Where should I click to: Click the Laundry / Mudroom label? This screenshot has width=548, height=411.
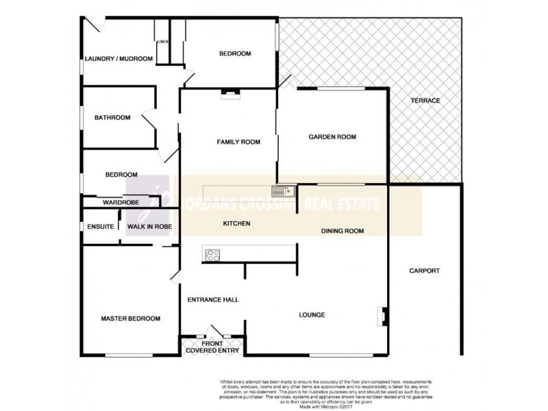pos(118,59)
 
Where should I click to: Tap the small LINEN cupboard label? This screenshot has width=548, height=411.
pos(162,42)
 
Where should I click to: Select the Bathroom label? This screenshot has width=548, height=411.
pos(112,117)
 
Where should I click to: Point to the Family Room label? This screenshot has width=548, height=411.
pos(238,142)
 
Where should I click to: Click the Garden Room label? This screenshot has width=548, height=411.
pos(332,137)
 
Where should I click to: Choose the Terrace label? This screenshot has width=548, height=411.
pos(425,101)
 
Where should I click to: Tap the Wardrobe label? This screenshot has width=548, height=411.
pos(121,203)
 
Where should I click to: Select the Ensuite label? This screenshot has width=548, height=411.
pos(100,227)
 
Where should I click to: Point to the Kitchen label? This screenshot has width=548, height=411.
pos(237,224)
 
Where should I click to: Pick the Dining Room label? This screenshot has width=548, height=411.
pos(342,232)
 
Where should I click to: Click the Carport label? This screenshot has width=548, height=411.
pos(424,271)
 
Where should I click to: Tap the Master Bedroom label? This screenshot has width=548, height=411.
pos(130,319)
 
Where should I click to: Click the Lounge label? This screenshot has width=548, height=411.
pos(312,315)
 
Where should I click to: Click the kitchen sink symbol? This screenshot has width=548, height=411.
pos(282,191)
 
